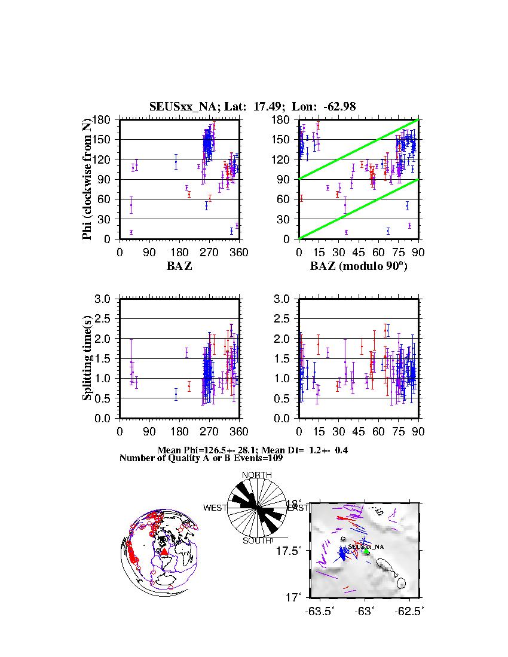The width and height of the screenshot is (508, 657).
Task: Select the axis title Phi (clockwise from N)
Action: pyautogui.click(x=87, y=179)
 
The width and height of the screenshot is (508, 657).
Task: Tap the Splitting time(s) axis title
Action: pyautogui.click(x=87, y=358)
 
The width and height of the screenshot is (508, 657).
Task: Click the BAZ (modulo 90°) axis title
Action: pyautogui.click(x=358, y=266)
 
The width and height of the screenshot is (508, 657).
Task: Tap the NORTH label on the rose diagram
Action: pyautogui.click(x=256, y=475)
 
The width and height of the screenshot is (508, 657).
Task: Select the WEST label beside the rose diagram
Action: pyautogui.click(x=215, y=508)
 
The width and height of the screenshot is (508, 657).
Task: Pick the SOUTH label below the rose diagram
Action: pyautogui.click(x=257, y=541)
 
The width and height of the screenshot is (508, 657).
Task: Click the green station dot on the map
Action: pyautogui.click(x=366, y=552)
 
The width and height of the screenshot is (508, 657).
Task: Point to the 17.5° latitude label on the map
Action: pyautogui.click(x=293, y=550)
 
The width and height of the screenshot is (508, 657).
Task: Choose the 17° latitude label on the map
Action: pyautogui.click(x=297, y=597)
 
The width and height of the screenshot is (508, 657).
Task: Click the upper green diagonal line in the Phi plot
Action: pyautogui.click(x=359, y=149)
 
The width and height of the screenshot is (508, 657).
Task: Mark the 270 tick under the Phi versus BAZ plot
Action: pyautogui.click(x=209, y=252)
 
